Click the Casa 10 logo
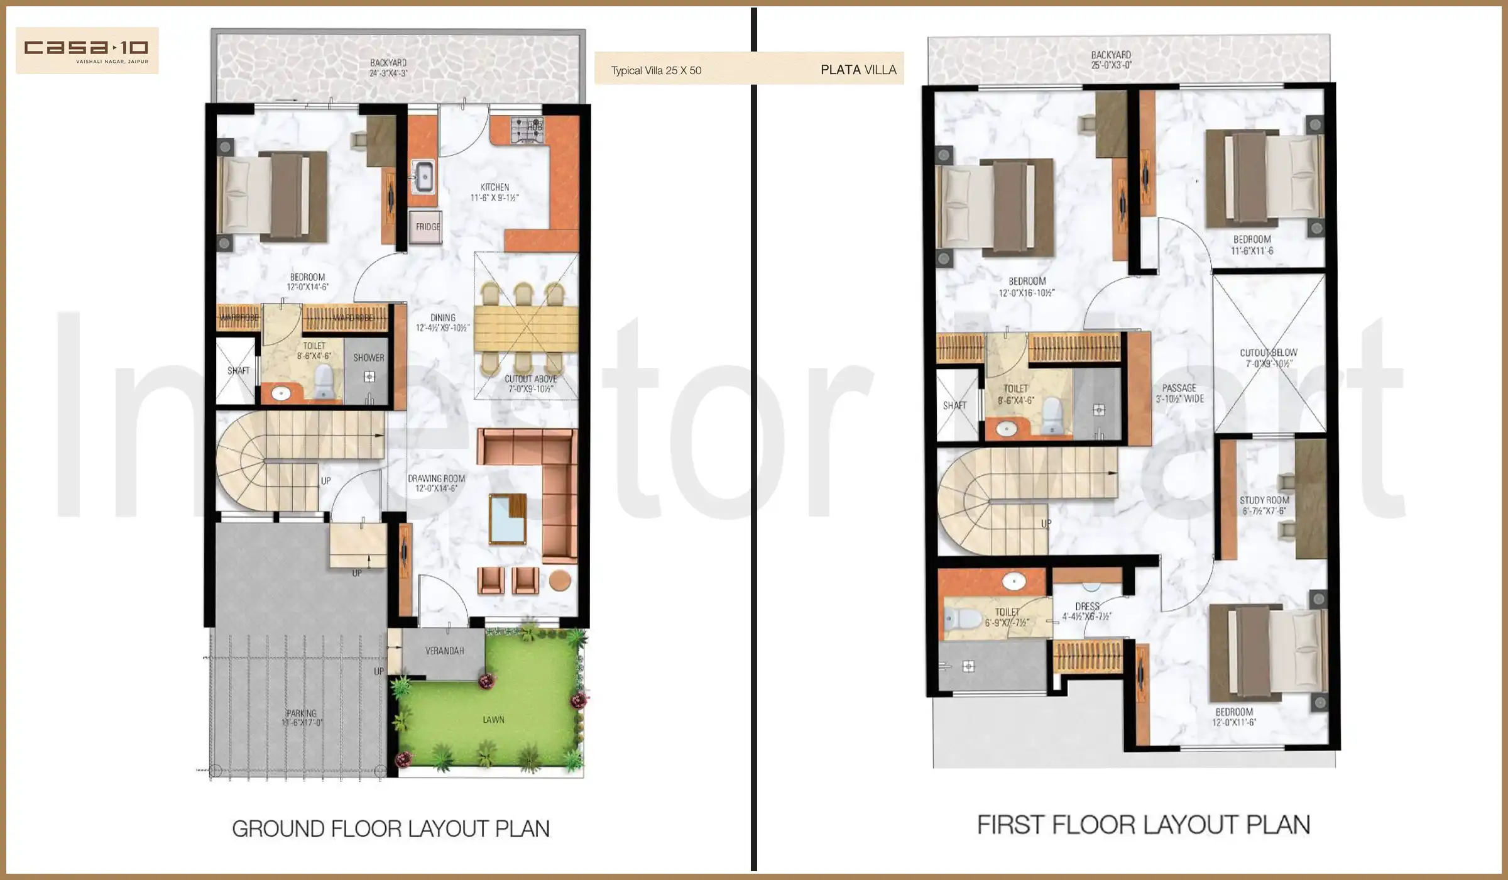point(87,50)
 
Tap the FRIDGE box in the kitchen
point(427,227)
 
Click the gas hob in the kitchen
point(527,129)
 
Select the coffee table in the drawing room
point(507,519)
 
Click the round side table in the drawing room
point(560,580)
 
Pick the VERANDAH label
point(444,651)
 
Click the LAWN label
point(493,720)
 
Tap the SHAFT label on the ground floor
point(238,371)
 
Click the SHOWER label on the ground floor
point(368,358)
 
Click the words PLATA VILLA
point(858,70)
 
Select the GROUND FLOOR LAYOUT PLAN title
point(391,829)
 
